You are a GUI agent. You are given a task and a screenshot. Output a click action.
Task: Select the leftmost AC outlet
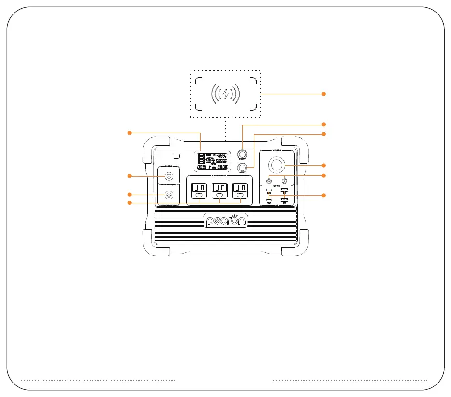point(198,191)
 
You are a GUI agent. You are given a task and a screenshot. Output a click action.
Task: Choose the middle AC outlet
point(219,191)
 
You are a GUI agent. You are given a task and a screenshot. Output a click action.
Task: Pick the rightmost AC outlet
point(240,191)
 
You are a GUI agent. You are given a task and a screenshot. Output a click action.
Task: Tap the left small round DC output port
point(269,182)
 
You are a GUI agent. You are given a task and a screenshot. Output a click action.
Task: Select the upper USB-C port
point(269,191)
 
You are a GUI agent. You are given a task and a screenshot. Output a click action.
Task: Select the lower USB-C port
point(269,200)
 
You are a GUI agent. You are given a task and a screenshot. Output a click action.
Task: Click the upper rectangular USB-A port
point(284,190)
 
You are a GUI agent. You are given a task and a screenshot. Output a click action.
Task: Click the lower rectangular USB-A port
point(284,199)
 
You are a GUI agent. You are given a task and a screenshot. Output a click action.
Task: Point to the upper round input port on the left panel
point(169,176)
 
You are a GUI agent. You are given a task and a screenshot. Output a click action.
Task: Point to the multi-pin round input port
point(169,195)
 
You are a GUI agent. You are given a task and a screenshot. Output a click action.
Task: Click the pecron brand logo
point(226,221)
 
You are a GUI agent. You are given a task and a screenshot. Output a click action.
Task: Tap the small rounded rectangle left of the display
point(176,156)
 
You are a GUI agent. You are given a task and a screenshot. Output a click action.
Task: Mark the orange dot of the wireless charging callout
point(324,94)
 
